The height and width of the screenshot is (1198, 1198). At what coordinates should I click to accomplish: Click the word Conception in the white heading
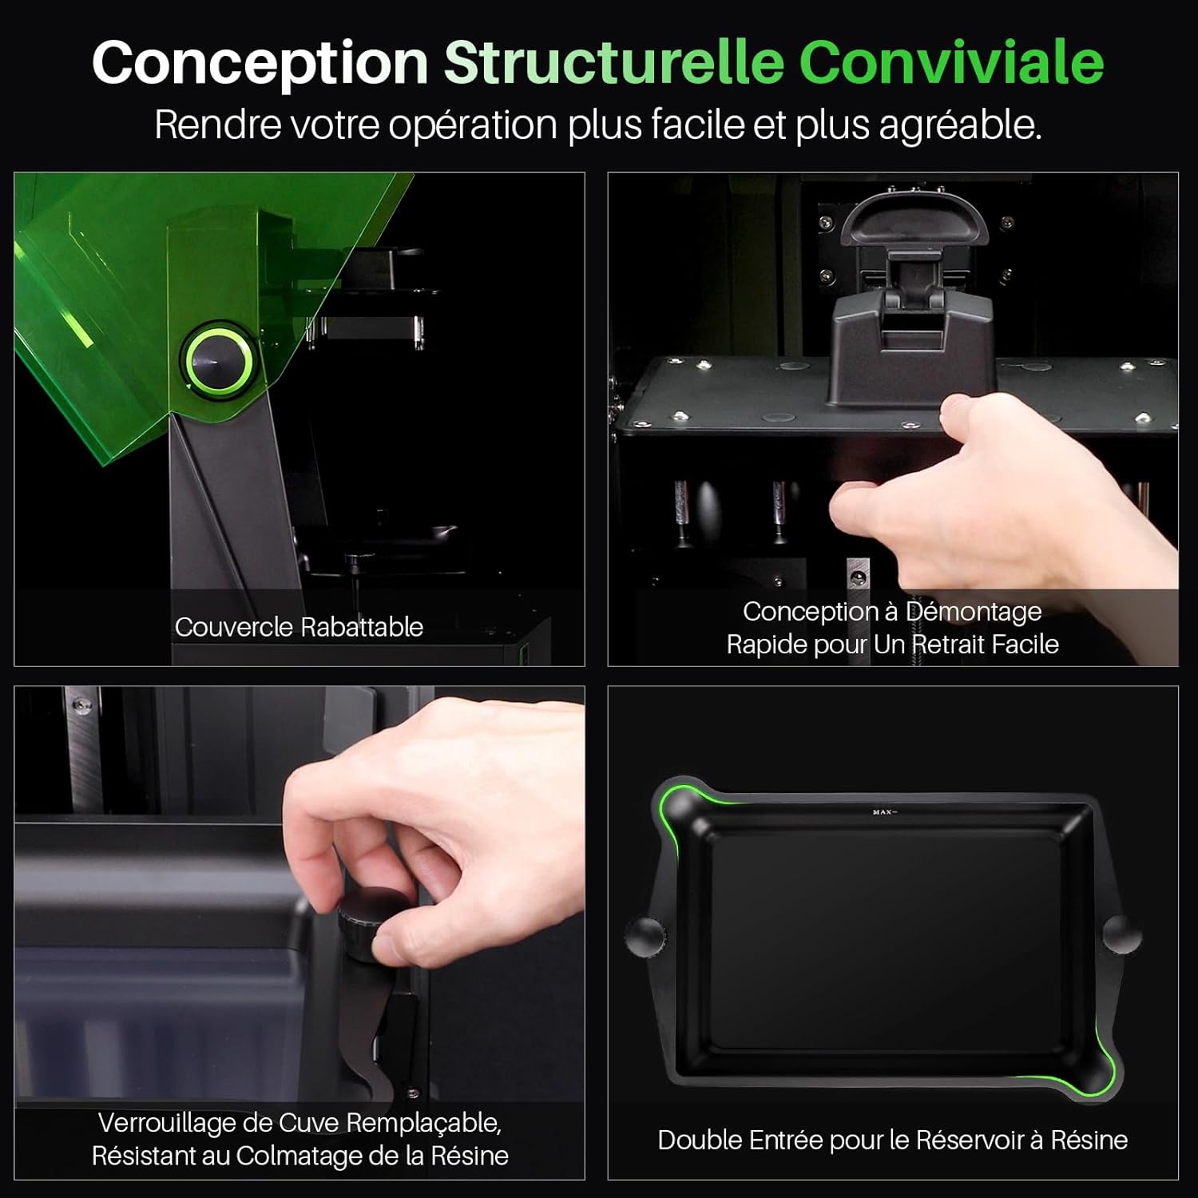[x=260, y=62]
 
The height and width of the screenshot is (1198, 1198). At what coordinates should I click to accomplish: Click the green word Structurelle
[x=613, y=62]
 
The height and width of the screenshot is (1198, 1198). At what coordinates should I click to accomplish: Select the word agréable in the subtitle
[x=958, y=125]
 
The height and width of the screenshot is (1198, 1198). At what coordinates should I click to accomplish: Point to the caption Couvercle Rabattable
[x=299, y=627]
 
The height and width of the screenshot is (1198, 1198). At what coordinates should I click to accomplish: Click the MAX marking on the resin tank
[x=883, y=812]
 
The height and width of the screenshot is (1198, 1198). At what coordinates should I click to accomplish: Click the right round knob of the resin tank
[x=1121, y=934]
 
